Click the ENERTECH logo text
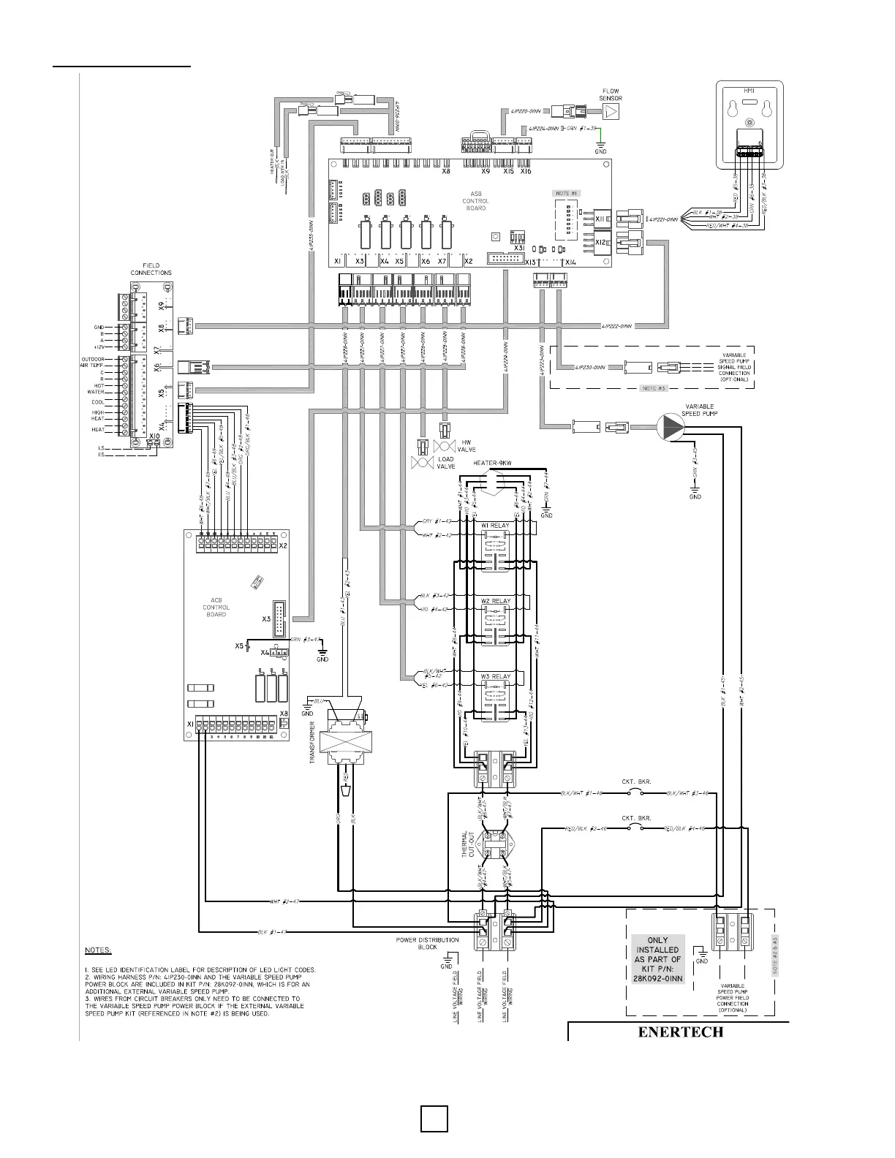(x=680, y=1032)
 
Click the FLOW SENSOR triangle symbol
(x=611, y=112)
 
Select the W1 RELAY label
(x=495, y=526)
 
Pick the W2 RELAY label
(x=495, y=601)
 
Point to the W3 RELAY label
(x=495, y=676)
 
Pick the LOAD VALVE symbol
(x=421, y=463)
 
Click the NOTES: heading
(x=98, y=950)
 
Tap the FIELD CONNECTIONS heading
(x=151, y=269)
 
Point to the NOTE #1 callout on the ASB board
(x=567, y=193)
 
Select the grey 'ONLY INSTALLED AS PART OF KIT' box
(x=658, y=959)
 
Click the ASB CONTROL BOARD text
(x=476, y=201)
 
